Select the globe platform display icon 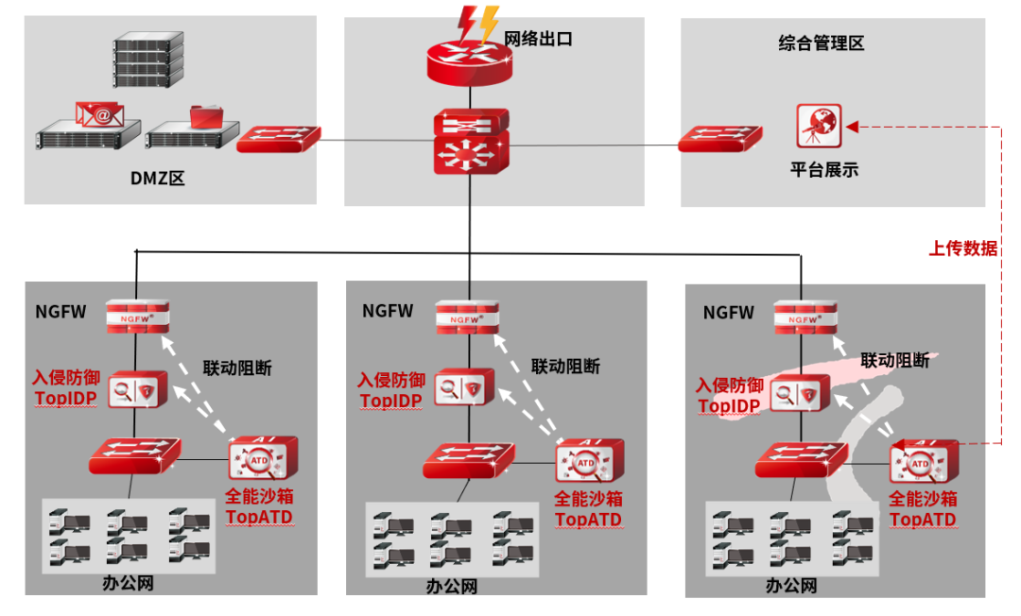pyautogui.click(x=819, y=125)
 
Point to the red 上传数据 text pyautogui.click(x=962, y=248)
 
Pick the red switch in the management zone pyautogui.click(x=718, y=139)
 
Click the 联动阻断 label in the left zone pyautogui.click(x=237, y=368)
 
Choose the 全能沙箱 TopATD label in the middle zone pyautogui.click(x=588, y=509)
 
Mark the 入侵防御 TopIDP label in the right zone pyautogui.click(x=730, y=396)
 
